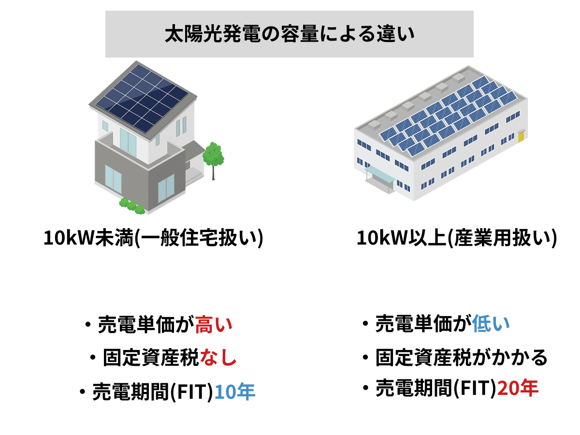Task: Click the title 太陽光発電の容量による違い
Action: click(x=290, y=34)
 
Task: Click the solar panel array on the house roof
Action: click(x=142, y=98)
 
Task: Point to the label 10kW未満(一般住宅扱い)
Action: click(x=153, y=238)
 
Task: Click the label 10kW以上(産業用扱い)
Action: click(x=457, y=238)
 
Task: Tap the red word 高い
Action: click(x=214, y=324)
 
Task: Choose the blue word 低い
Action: click(x=491, y=323)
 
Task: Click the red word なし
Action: click(x=218, y=357)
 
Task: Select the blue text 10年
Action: click(x=235, y=391)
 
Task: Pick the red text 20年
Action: click(x=518, y=388)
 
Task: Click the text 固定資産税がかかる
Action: click(x=462, y=357)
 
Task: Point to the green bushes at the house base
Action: click(x=131, y=206)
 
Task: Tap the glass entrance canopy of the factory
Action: click(x=380, y=173)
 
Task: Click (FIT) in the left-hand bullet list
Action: click(x=192, y=391)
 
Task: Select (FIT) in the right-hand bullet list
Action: click(x=475, y=388)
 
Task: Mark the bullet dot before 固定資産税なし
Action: click(x=93, y=358)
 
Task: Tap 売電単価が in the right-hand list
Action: click(x=423, y=323)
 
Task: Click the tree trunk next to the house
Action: click(x=213, y=173)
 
